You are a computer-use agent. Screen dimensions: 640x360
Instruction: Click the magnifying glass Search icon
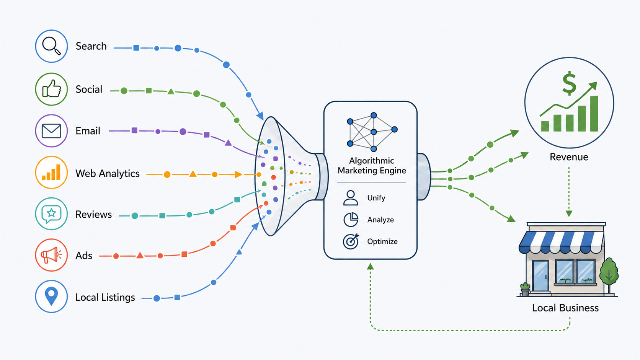[x=51, y=46]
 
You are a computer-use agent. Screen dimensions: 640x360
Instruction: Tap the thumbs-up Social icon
[x=51, y=89]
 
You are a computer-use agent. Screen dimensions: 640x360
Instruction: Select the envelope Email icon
[x=51, y=131]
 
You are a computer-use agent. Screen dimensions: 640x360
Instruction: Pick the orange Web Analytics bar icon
[x=51, y=173]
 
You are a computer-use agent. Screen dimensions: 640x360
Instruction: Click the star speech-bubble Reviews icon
[x=51, y=214]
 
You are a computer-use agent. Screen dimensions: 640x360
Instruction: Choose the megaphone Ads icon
[x=51, y=255]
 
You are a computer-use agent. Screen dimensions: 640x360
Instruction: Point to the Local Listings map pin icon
[x=51, y=296]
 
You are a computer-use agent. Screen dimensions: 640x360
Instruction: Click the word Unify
[x=376, y=198]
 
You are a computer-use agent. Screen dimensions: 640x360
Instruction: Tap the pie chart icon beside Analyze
[x=351, y=220]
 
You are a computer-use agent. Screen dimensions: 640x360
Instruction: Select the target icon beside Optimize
[x=351, y=241]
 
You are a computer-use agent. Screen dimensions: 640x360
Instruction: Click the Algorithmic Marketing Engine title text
[x=372, y=166]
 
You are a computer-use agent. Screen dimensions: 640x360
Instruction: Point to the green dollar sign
[x=569, y=83]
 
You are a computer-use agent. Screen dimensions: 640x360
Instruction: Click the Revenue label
[x=569, y=157]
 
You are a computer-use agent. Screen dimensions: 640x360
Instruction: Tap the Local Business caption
[x=565, y=308]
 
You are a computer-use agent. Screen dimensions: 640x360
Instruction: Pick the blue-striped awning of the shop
[x=562, y=242]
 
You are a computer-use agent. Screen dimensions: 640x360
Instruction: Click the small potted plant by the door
[x=525, y=289]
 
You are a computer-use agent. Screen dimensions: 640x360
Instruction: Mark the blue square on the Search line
[x=136, y=48]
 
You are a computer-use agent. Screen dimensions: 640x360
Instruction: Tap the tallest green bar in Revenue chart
[x=594, y=114]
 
